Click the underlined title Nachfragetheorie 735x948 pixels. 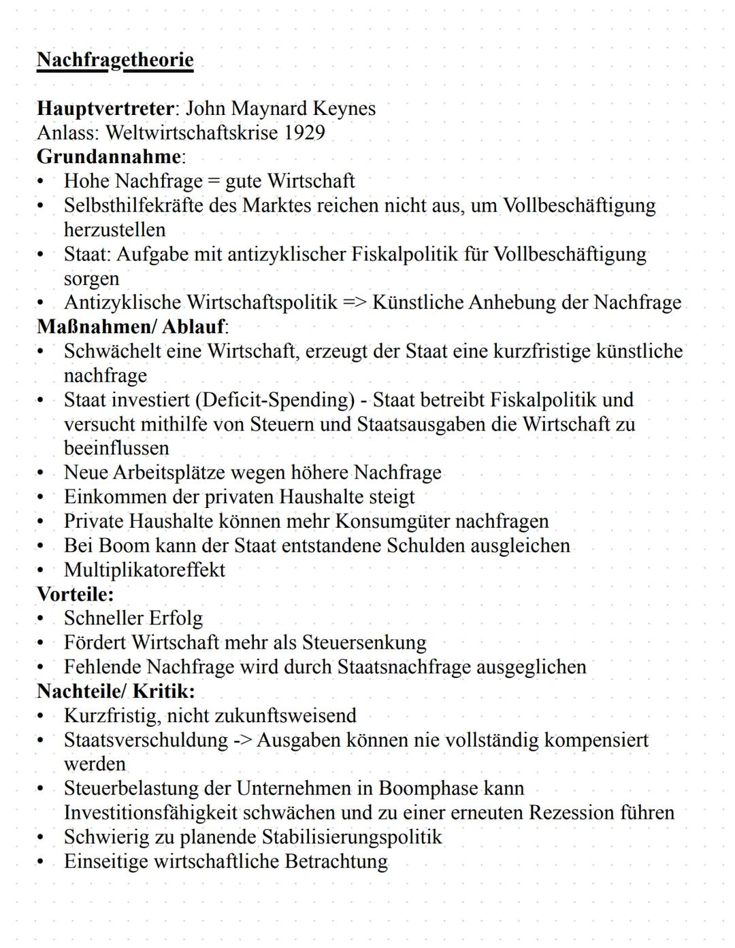[x=115, y=60]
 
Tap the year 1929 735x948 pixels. [x=304, y=132]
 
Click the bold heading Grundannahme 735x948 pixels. [x=109, y=156]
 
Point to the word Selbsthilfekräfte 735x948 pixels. [x=133, y=205]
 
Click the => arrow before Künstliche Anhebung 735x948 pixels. [x=355, y=302]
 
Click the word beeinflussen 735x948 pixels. [x=116, y=448]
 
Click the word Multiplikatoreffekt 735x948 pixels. [x=144, y=569]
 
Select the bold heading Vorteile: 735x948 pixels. [x=75, y=594]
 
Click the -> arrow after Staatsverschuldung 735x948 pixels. [x=242, y=740]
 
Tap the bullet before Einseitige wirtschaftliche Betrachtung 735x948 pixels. [x=42, y=862]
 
